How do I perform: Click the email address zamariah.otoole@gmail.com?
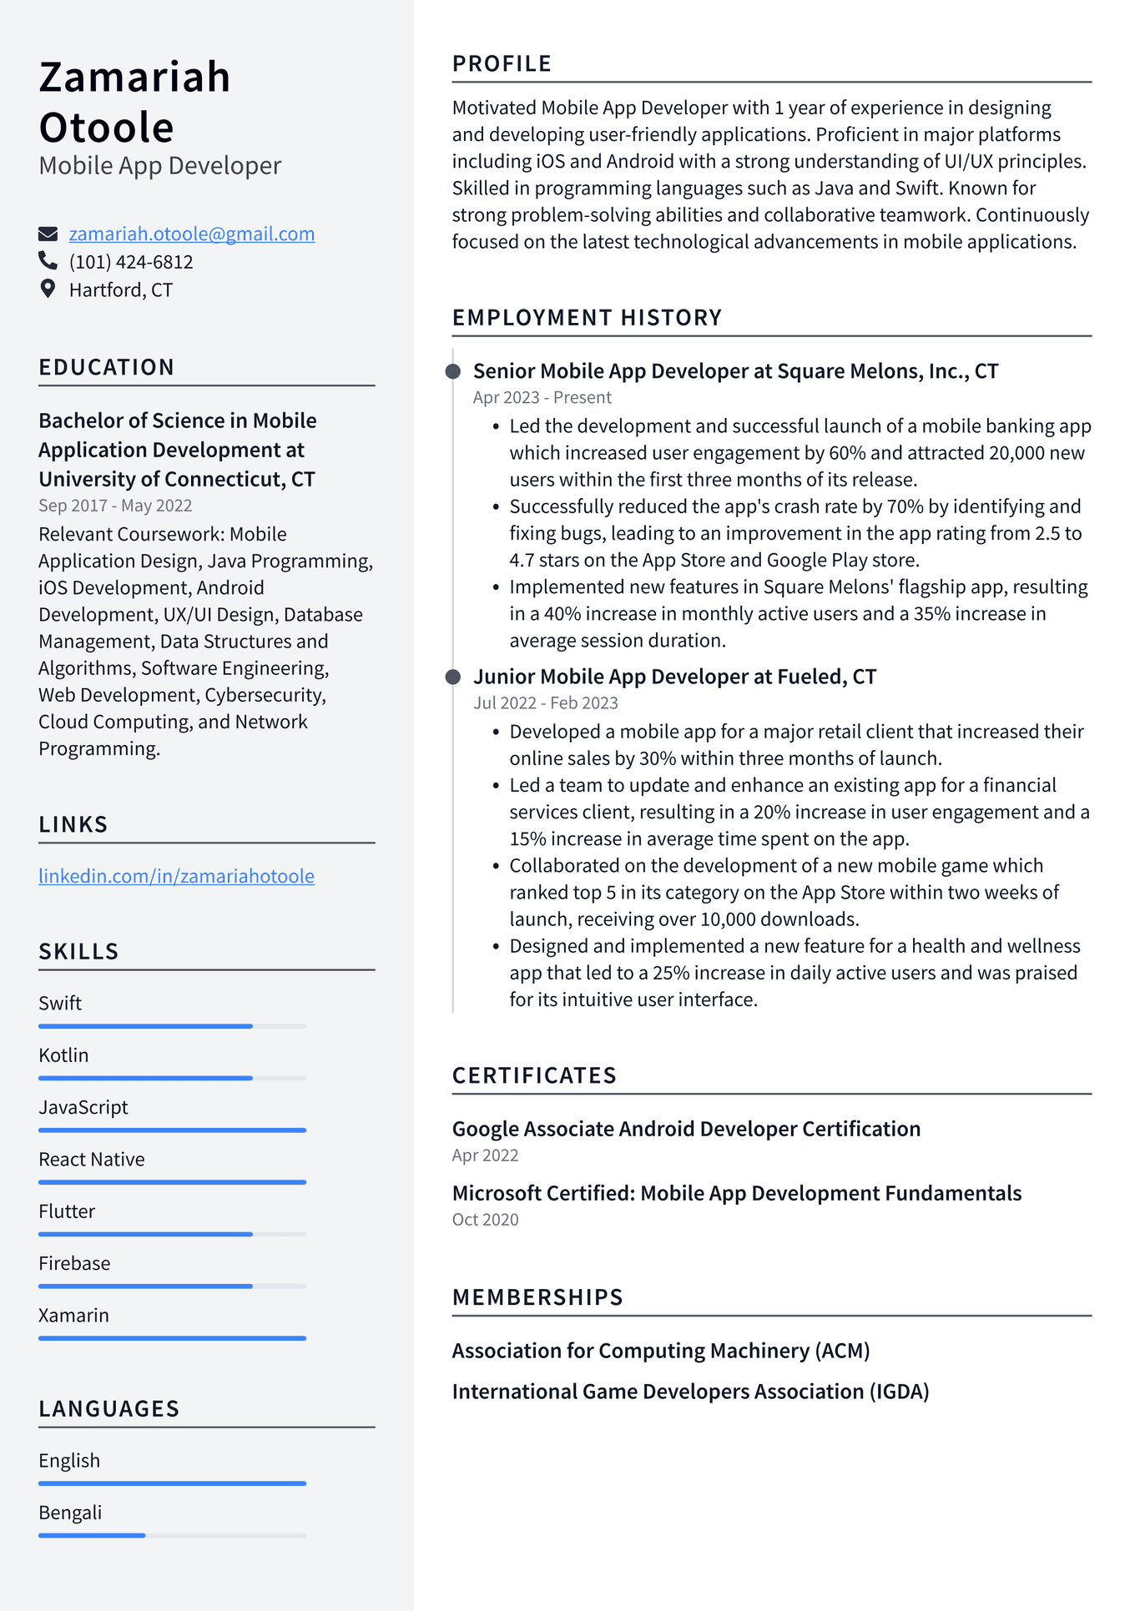191,234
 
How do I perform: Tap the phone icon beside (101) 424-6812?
48,261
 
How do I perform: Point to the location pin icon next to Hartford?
48,289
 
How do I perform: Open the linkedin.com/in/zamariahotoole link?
176,876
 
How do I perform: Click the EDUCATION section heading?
107,367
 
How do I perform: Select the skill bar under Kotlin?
172,1078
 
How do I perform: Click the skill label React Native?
92,1159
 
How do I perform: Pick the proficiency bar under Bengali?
172,1535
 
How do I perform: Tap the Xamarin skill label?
73,1315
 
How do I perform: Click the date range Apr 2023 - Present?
542,397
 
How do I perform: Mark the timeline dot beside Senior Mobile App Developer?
453,371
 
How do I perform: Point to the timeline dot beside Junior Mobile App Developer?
453,677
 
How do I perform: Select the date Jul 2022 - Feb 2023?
545,702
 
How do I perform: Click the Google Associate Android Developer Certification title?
686,1129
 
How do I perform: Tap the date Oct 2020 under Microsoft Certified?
485,1220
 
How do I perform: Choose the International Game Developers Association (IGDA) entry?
690,1392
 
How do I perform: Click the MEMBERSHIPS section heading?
537,1297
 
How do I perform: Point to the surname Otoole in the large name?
106,128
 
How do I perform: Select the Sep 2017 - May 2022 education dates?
115,506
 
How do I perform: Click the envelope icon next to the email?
48,234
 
